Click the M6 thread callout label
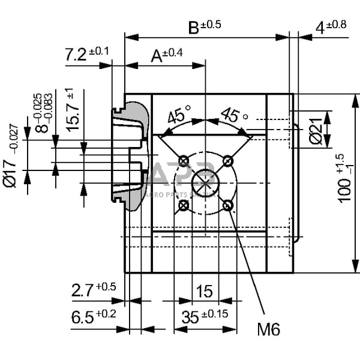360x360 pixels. (268, 329)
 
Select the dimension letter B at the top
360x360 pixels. (193, 27)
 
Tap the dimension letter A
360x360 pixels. (157, 56)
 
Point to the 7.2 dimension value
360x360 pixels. (77, 55)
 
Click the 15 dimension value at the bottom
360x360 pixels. (204, 292)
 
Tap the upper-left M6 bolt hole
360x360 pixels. (184, 160)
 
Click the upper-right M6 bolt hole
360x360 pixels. (228, 160)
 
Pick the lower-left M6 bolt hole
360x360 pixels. (184, 206)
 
